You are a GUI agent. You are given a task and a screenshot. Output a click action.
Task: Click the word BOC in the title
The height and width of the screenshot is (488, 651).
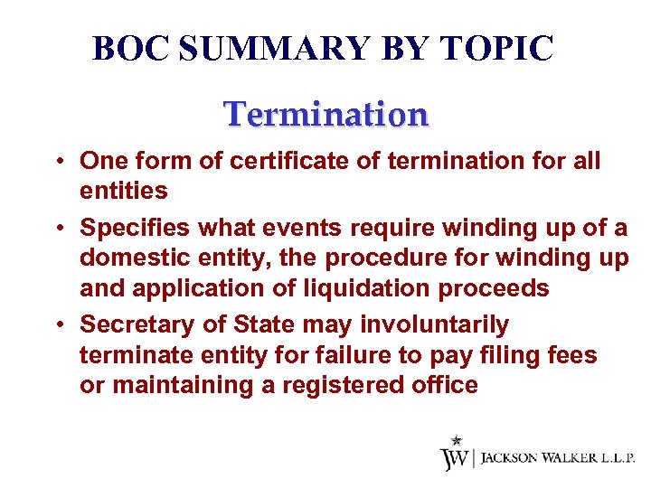coord(132,49)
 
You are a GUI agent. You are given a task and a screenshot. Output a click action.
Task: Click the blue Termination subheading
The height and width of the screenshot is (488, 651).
coord(325,115)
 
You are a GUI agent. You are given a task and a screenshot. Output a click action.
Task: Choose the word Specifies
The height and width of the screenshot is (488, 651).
coord(135,227)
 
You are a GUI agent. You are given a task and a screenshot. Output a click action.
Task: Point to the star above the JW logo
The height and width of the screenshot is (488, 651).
coord(457,440)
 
